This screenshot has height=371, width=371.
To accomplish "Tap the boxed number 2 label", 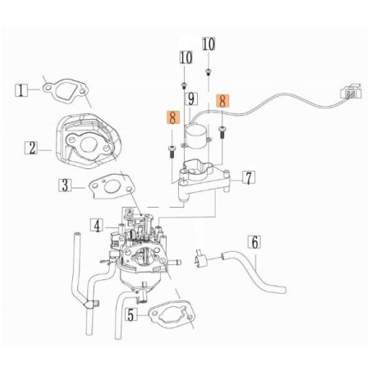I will coord(30,148).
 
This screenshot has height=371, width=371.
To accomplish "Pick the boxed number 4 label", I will coord(96,224).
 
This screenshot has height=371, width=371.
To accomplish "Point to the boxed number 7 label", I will coord(248,176).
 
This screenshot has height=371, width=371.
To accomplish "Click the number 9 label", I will coord(190,99).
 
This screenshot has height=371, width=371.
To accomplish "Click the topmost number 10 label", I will coord(208,44).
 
